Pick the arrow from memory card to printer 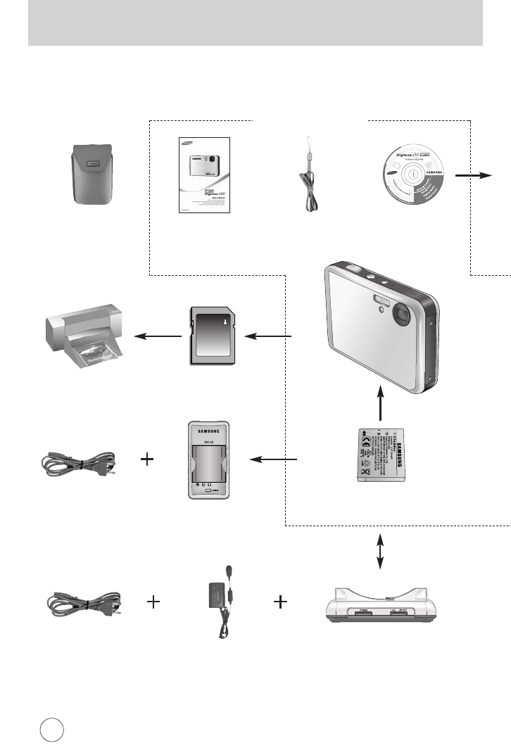[158, 336]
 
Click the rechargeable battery [381, 457]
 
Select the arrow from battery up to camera [379, 404]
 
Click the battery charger [208, 461]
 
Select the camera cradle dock [381, 605]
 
